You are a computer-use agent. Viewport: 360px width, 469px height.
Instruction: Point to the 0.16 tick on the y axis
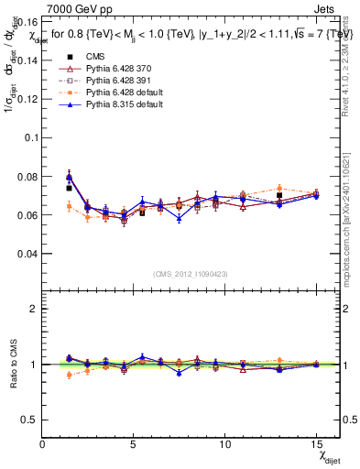(x=26, y=20)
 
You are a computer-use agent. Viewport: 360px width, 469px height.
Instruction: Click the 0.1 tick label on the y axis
(x=29, y=136)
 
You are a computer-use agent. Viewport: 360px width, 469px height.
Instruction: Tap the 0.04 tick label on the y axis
(x=26, y=253)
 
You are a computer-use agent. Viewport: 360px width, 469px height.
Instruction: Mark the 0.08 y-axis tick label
(x=26, y=176)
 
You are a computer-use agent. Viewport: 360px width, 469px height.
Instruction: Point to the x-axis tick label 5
(x=134, y=444)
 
